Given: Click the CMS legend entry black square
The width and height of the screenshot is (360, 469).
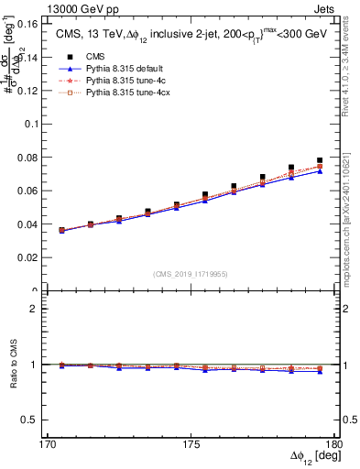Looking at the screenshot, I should coord(64,57).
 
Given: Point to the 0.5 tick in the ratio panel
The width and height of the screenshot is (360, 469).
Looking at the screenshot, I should coord(42,420).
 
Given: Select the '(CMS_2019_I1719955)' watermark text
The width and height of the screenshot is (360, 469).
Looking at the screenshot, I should coord(191,273).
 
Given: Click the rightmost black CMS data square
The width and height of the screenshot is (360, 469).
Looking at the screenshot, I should coord(320,160).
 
